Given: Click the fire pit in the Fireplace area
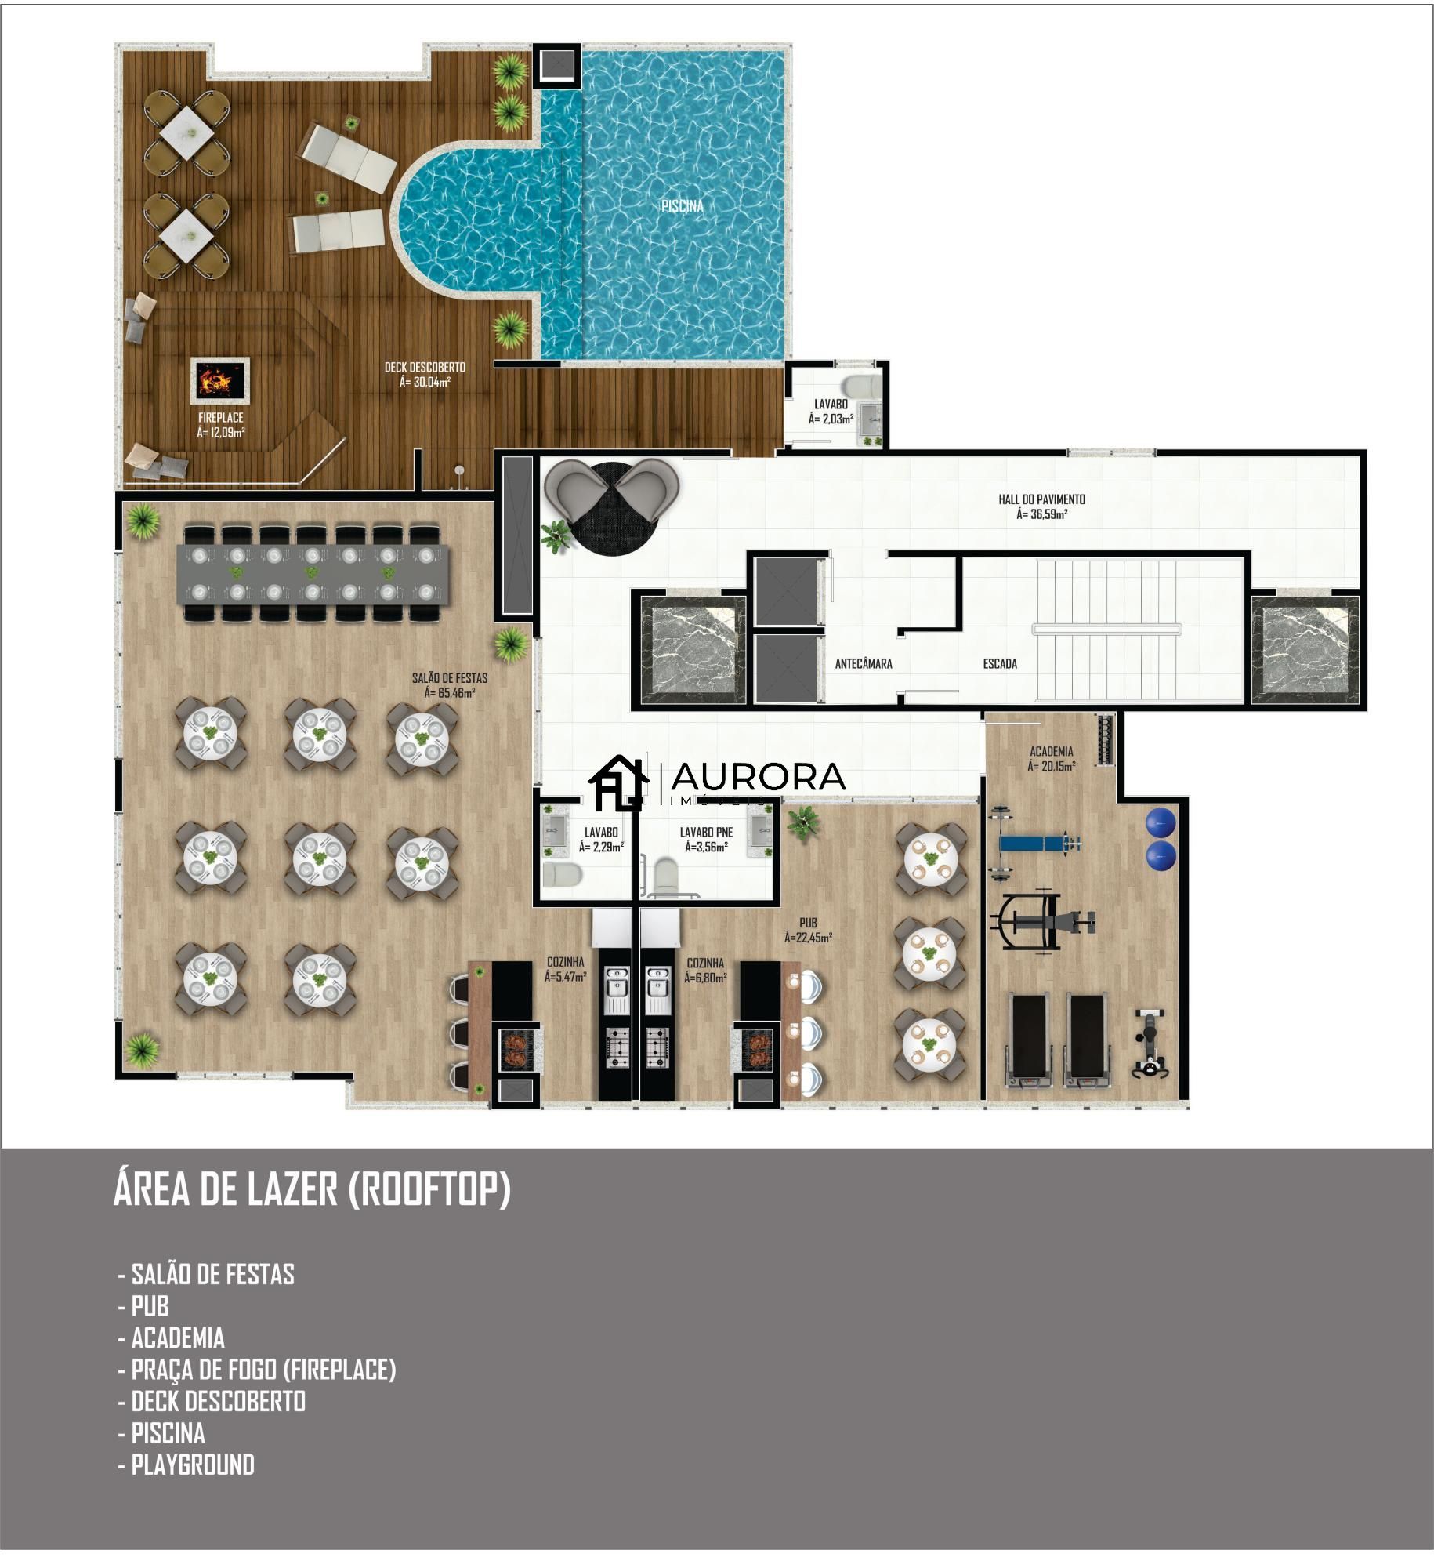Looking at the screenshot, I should pos(219,381).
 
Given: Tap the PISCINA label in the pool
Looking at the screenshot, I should pos(682,206).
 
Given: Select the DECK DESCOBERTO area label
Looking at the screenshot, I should pos(425,374).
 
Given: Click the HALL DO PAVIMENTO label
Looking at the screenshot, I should pos(1041,506).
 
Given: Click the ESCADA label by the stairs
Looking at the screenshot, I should pos(1000,664).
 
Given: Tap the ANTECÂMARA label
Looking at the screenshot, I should pos(864,664).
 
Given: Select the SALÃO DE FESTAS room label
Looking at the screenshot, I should pos(450,684).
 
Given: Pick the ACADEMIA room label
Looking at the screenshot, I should pos(1051,758).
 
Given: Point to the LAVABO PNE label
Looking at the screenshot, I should pos(706,839).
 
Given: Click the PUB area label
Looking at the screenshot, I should pos(808,929).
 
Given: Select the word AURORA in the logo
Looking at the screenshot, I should pos(758,776).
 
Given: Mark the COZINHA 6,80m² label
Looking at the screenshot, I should pos(705,970).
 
